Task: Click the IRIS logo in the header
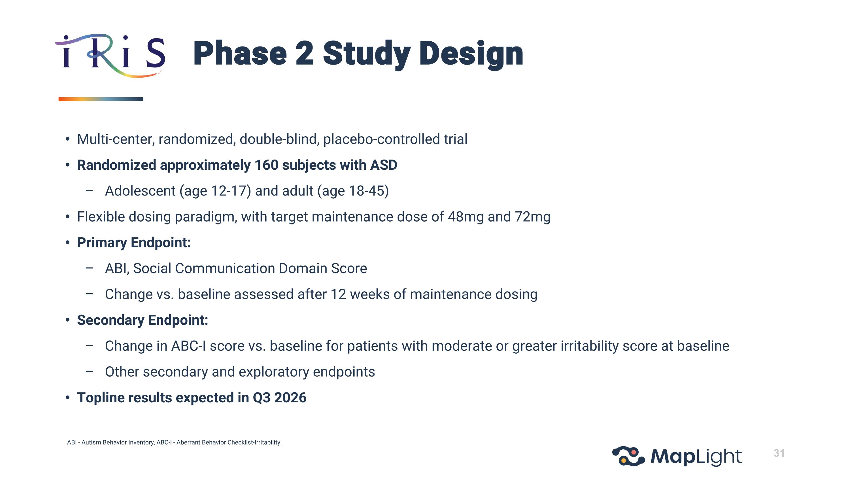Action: coord(110,56)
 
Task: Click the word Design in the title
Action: coord(471,54)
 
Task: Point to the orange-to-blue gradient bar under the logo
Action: coord(101,99)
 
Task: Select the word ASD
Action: coord(383,165)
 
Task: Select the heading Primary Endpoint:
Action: coord(134,243)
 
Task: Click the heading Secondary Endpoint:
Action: coord(142,320)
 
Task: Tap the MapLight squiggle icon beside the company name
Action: coord(628,456)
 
